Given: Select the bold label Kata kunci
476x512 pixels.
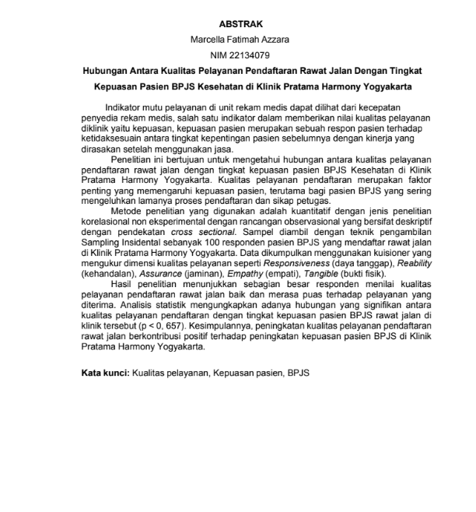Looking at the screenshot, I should coord(104,373).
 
